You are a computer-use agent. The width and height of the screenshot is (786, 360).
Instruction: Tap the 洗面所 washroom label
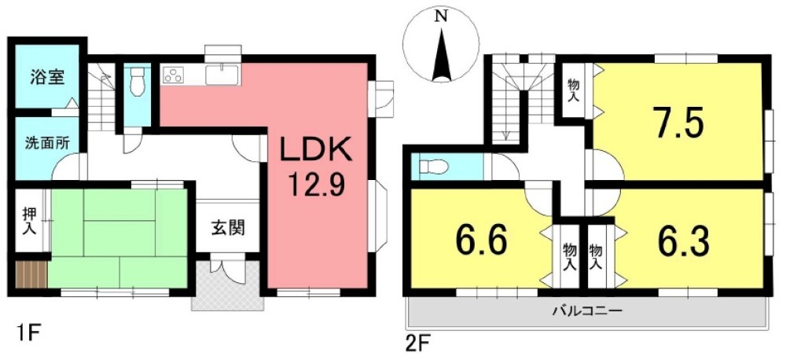point(46,144)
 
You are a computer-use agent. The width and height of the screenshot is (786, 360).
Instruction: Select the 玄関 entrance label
point(227,229)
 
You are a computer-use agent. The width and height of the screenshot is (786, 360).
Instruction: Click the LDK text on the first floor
point(314,152)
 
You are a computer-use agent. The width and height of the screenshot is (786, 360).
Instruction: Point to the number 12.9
point(314,187)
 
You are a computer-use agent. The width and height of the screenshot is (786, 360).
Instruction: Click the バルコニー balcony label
point(586,310)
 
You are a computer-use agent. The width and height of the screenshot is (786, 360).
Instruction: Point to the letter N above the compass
point(442,15)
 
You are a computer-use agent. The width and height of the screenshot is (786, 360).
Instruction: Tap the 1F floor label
point(24,332)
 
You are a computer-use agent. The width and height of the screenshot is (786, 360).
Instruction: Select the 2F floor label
point(418,343)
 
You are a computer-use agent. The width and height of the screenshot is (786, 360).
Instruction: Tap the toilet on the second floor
point(434,167)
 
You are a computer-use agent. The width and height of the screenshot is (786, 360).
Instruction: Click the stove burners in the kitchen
point(174,75)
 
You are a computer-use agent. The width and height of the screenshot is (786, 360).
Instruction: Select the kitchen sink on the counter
point(222,75)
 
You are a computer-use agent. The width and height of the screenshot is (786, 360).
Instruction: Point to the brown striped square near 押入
point(31,275)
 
